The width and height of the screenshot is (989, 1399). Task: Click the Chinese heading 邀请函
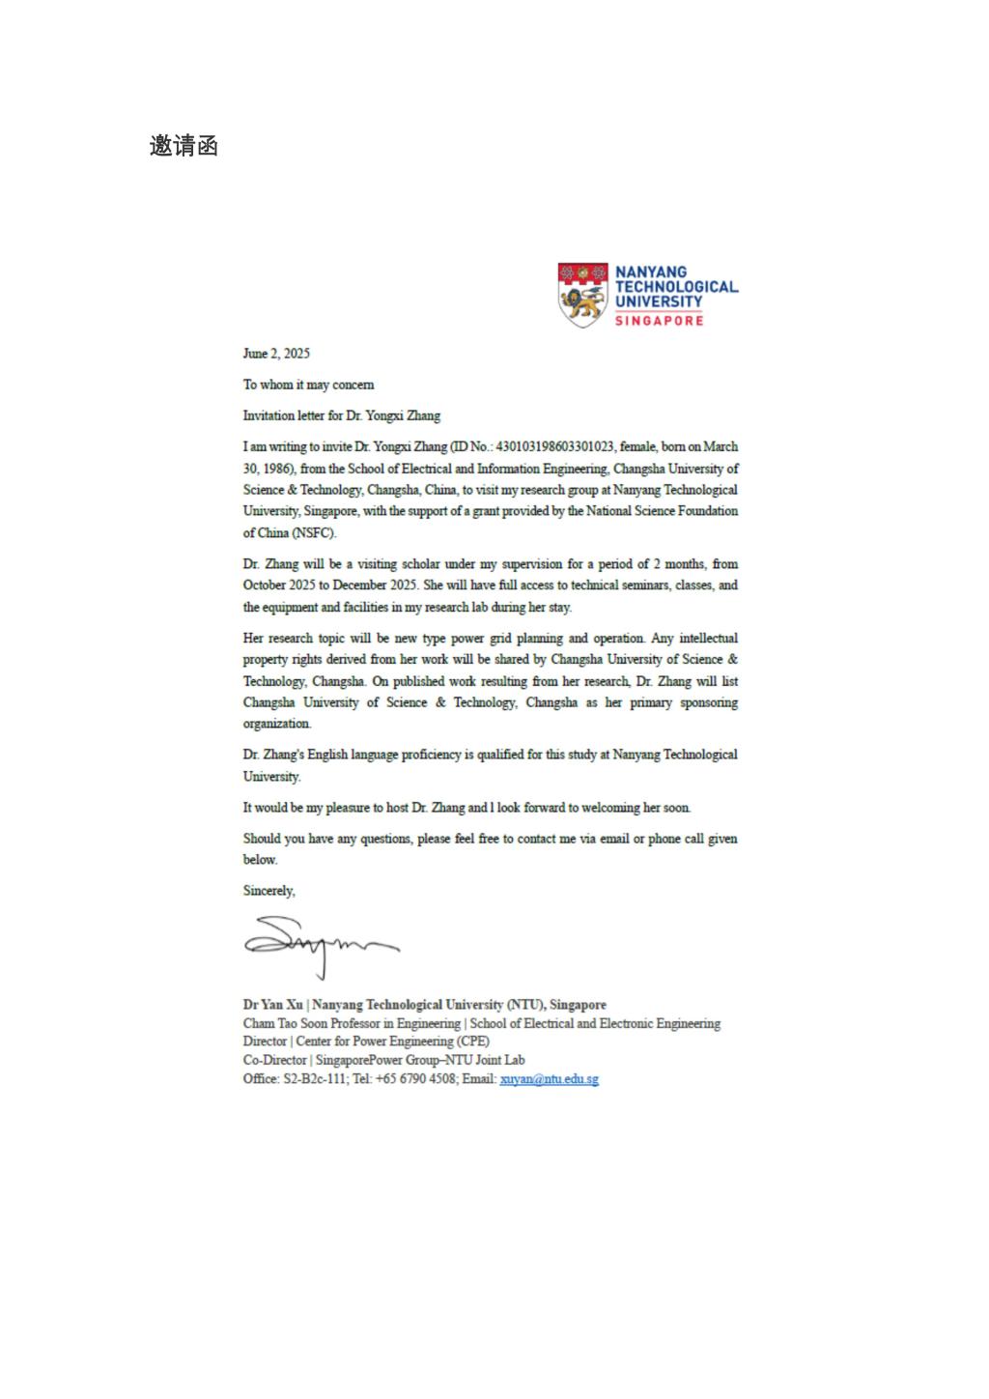[184, 146]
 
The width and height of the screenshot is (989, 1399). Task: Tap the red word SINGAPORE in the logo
[660, 320]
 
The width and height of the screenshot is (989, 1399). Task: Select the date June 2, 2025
[276, 354]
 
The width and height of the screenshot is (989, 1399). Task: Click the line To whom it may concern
[308, 385]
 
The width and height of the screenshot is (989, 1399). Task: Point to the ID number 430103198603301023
[555, 446]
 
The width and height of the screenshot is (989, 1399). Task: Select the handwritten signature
[320, 946]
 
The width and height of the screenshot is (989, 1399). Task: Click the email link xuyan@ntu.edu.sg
[549, 1079]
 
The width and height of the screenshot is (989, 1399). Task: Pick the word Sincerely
[268, 891]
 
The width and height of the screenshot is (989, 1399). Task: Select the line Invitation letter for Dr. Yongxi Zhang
[341, 415]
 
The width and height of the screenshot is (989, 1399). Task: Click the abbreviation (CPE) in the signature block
[473, 1042]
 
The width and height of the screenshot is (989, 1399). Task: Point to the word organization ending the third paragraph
[277, 724]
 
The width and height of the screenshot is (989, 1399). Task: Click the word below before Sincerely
[260, 860]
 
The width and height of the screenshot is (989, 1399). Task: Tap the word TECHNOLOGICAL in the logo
[676, 287]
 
